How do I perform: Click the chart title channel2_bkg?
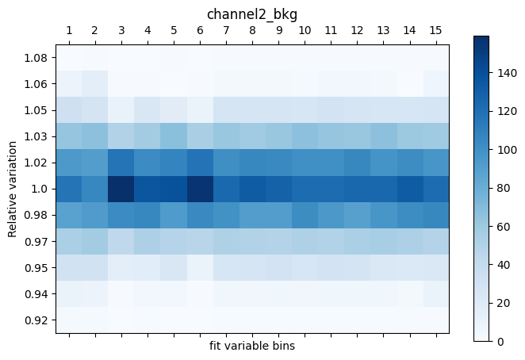point(252,14)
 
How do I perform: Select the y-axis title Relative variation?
point(13,189)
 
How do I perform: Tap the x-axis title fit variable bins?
point(252,346)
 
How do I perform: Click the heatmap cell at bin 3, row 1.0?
point(121,189)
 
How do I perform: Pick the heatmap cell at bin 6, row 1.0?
point(200,189)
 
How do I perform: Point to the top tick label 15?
point(435,31)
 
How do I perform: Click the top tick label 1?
point(69,31)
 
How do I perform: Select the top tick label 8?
point(252,31)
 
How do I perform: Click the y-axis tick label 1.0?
point(40,189)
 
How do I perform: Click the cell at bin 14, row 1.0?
point(409,189)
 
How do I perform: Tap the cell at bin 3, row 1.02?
point(121,163)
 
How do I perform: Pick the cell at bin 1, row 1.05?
point(69,110)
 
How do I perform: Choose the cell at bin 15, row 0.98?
point(435,215)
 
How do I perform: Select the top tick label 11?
point(331,31)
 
